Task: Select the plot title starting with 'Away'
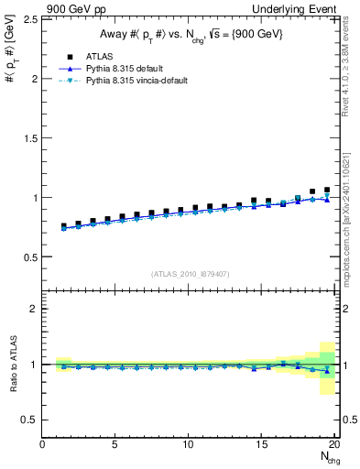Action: click(x=190, y=35)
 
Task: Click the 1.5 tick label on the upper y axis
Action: click(x=28, y=138)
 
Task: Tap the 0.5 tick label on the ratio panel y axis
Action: click(x=28, y=420)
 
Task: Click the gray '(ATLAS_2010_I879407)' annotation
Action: click(x=190, y=272)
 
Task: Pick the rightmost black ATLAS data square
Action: click(x=327, y=190)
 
